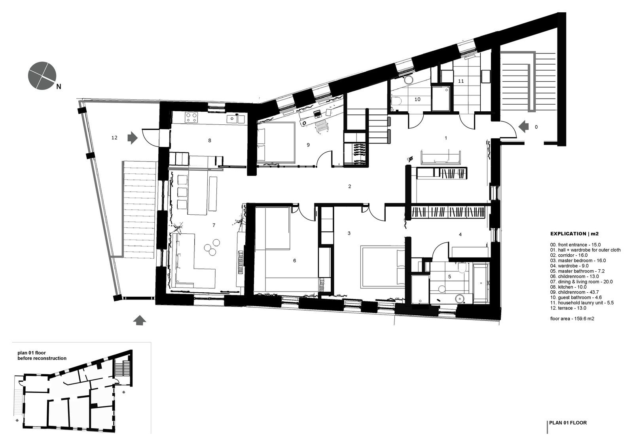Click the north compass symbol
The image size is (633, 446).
point(42,76)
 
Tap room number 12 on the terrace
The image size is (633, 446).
point(114,138)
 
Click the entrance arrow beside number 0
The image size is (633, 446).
point(523,127)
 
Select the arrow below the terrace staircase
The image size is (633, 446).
point(140,320)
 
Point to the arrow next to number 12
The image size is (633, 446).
point(132,138)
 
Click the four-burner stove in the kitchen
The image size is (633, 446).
point(192,117)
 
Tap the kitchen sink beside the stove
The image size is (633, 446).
point(231,118)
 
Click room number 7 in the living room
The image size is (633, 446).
point(214,225)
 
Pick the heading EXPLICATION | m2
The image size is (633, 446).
point(574,234)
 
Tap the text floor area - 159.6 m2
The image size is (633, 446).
point(572,318)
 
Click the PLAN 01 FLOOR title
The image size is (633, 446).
point(568,423)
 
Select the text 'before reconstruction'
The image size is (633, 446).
point(42,358)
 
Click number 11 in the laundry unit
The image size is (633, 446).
point(461,81)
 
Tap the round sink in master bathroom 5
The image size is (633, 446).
point(459,298)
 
